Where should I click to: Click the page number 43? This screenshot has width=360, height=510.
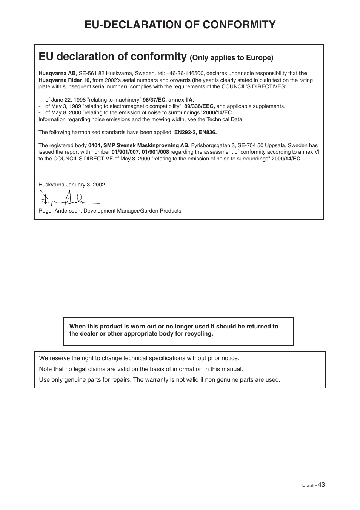click(321, 485)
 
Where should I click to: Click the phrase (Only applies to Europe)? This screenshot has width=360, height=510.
click(231, 58)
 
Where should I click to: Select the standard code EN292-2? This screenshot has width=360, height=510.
click(185, 132)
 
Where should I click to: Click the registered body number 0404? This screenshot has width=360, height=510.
click(94, 145)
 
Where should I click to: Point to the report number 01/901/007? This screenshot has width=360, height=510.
click(125, 152)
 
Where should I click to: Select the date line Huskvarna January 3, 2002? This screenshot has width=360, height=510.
click(72, 185)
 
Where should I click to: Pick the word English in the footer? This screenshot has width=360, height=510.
click(308, 485)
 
